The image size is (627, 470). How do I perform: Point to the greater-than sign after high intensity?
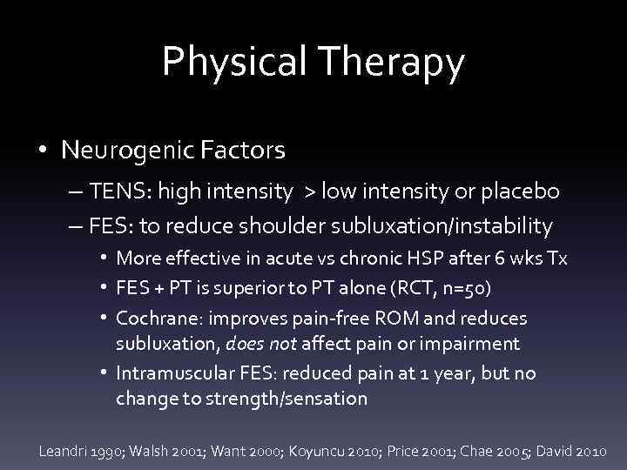click(307, 191)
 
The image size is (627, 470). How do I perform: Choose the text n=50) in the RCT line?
click(454, 288)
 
